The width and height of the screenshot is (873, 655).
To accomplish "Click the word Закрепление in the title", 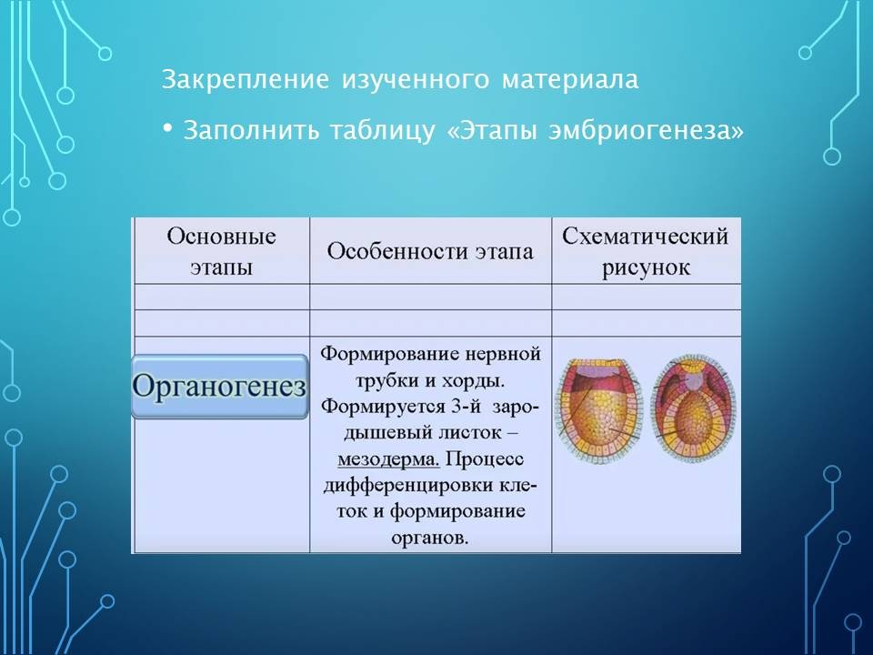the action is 245,80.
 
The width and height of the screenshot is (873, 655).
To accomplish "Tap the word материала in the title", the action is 569,80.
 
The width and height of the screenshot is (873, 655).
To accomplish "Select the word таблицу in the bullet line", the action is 382,131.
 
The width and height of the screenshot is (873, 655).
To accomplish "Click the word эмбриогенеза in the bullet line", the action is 639,131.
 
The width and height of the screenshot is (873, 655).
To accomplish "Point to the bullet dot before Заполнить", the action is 167,128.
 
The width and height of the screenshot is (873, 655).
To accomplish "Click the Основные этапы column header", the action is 221,251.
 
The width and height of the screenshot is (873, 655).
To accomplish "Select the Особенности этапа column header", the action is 430,251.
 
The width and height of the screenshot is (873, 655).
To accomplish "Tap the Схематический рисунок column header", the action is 646,251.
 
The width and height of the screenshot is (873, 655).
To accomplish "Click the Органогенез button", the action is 219,386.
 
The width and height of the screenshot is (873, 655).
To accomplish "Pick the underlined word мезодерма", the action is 388,458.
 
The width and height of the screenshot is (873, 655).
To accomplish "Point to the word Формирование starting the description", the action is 388,354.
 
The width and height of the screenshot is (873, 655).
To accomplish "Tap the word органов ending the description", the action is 429,538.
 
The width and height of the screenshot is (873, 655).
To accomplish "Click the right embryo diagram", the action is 694,408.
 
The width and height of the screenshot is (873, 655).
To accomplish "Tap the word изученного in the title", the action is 416,80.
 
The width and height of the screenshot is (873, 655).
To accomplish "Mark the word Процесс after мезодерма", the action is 485,458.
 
